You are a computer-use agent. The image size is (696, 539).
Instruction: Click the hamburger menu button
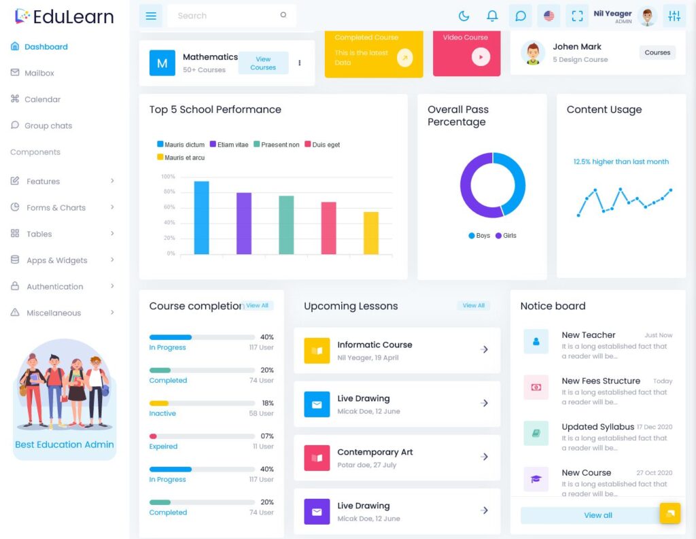tap(151, 16)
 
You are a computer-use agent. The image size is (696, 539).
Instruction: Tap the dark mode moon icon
tap(464, 16)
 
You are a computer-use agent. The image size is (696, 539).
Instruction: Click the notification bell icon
tap(492, 16)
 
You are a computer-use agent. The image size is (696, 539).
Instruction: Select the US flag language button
tap(549, 16)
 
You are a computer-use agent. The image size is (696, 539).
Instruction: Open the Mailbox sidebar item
tap(39, 73)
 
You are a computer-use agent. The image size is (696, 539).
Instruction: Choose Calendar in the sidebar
tap(42, 99)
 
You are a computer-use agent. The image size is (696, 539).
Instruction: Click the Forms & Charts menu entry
tap(56, 207)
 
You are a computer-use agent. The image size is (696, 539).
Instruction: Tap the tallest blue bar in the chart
tap(201, 218)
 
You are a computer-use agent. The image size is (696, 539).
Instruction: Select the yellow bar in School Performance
tap(370, 233)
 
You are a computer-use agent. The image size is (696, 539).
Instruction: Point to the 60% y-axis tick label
tap(169, 207)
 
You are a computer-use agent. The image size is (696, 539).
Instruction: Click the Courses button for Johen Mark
tap(657, 52)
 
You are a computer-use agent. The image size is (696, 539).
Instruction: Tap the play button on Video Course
tap(481, 57)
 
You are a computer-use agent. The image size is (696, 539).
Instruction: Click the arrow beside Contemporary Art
tap(484, 457)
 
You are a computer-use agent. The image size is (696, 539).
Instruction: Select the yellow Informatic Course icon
tap(317, 351)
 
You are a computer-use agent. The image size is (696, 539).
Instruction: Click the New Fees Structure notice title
tap(601, 381)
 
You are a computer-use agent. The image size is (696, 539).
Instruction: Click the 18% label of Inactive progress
tap(267, 403)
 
